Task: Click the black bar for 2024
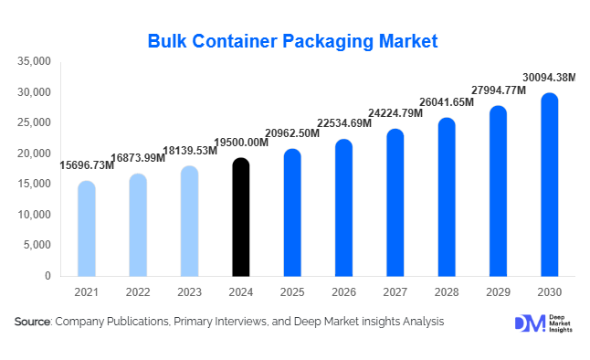(x=240, y=217)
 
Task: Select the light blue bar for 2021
(x=86, y=228)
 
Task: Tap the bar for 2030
(x=549, y=185)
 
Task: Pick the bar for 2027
(x=395, y=203)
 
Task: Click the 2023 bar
(x=189, y=221)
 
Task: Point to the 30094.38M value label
(x=549, y=77)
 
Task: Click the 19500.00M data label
(x=240, y=143)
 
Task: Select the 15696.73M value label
(x=87, y=165)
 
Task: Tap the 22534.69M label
(x=343, y=124)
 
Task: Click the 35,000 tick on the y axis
(x=35, y=61)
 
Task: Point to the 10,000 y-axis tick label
(x=35, y=215)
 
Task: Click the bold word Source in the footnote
(x=33, y=322)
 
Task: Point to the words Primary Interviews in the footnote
(x=228, y=322)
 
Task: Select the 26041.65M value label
(x=447, y=102)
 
